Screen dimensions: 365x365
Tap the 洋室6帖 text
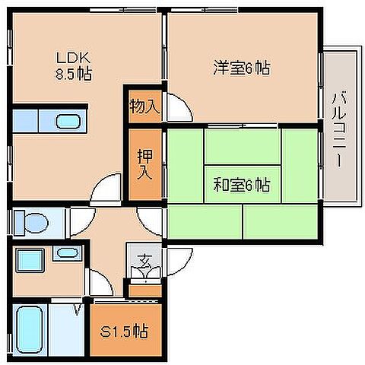pos(240,68)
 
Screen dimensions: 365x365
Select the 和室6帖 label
pos(240,184)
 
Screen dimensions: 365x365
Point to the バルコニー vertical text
pos(340,129)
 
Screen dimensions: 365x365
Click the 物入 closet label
pos(144,106)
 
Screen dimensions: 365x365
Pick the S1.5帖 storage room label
pos(125,332)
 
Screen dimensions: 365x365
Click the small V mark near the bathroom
pos(76,308)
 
